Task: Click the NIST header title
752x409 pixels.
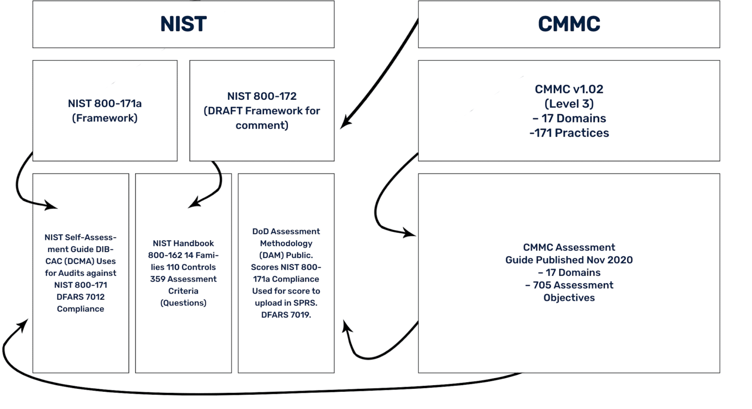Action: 183,24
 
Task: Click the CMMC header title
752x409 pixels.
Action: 569,24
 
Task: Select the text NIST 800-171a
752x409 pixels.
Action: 105,104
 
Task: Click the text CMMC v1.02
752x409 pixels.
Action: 569,90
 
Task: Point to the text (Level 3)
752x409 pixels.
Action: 569,104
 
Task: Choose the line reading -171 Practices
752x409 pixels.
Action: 569,133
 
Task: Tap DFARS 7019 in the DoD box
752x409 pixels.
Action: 285,315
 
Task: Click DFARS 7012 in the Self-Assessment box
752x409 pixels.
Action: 80,297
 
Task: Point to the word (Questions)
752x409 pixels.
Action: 183,303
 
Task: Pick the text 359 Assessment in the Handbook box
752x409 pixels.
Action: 183,279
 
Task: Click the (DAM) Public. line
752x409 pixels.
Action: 286,255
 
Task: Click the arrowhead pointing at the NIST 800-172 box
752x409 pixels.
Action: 345,123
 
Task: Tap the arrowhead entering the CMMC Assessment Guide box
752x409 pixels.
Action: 409,233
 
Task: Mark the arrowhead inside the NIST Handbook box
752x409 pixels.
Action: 194,203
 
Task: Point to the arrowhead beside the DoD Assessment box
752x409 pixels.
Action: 347,326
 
